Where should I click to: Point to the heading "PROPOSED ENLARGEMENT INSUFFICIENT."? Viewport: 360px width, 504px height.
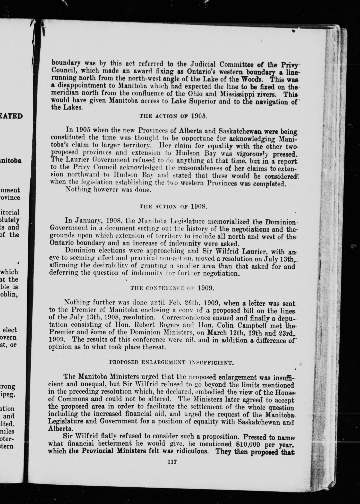pos(172,363)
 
